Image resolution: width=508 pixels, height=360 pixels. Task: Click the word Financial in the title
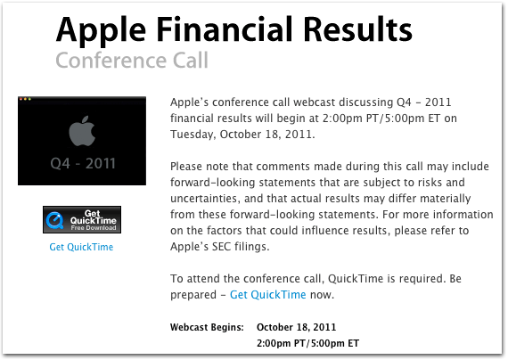226,29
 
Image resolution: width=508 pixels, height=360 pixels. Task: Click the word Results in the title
358,29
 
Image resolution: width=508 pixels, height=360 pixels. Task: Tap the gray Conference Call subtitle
132,61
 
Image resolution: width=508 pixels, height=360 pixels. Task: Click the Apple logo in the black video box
82,131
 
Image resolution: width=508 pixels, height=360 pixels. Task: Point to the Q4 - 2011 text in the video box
83,163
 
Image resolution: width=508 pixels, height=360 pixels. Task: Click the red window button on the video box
20,99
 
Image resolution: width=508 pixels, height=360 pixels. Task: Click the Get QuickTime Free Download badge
82,220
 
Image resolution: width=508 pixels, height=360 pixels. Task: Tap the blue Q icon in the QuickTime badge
54,220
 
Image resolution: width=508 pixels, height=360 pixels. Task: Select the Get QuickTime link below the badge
81,247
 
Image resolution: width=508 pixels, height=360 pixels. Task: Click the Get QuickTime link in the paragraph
268,295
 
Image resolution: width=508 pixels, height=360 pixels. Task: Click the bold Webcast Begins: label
207,327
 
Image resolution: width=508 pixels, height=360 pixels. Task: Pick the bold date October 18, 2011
297,327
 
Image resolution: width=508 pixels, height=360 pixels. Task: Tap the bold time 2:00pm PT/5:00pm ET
307,343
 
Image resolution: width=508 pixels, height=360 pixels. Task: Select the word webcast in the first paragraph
314,102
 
